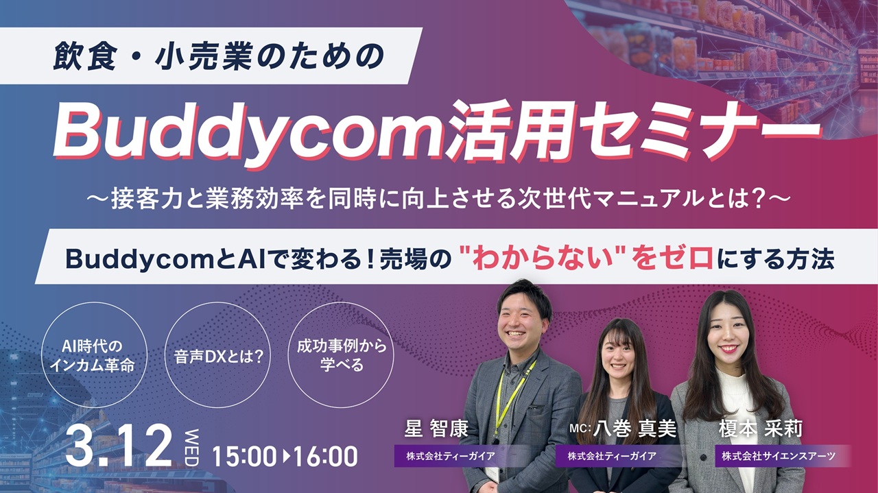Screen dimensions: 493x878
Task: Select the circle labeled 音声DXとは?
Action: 219,356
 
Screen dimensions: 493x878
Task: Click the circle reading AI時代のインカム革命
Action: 92,356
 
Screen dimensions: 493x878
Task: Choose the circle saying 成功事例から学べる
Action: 341,355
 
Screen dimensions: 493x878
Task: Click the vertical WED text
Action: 191,447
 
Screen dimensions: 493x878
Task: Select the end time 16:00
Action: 325,456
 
